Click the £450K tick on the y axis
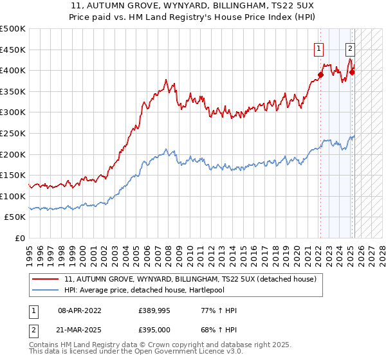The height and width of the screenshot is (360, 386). [13, 49]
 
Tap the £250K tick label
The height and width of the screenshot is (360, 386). [13, 133]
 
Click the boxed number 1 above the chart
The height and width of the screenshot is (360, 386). [319, 47]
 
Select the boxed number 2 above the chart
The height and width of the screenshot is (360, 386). [350, 47]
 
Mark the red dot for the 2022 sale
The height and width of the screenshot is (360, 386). [320, 75]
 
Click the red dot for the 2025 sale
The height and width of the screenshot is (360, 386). [352, 72]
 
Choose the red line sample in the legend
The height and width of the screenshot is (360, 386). [46, 280]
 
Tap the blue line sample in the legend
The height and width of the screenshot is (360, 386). [46, 291]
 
